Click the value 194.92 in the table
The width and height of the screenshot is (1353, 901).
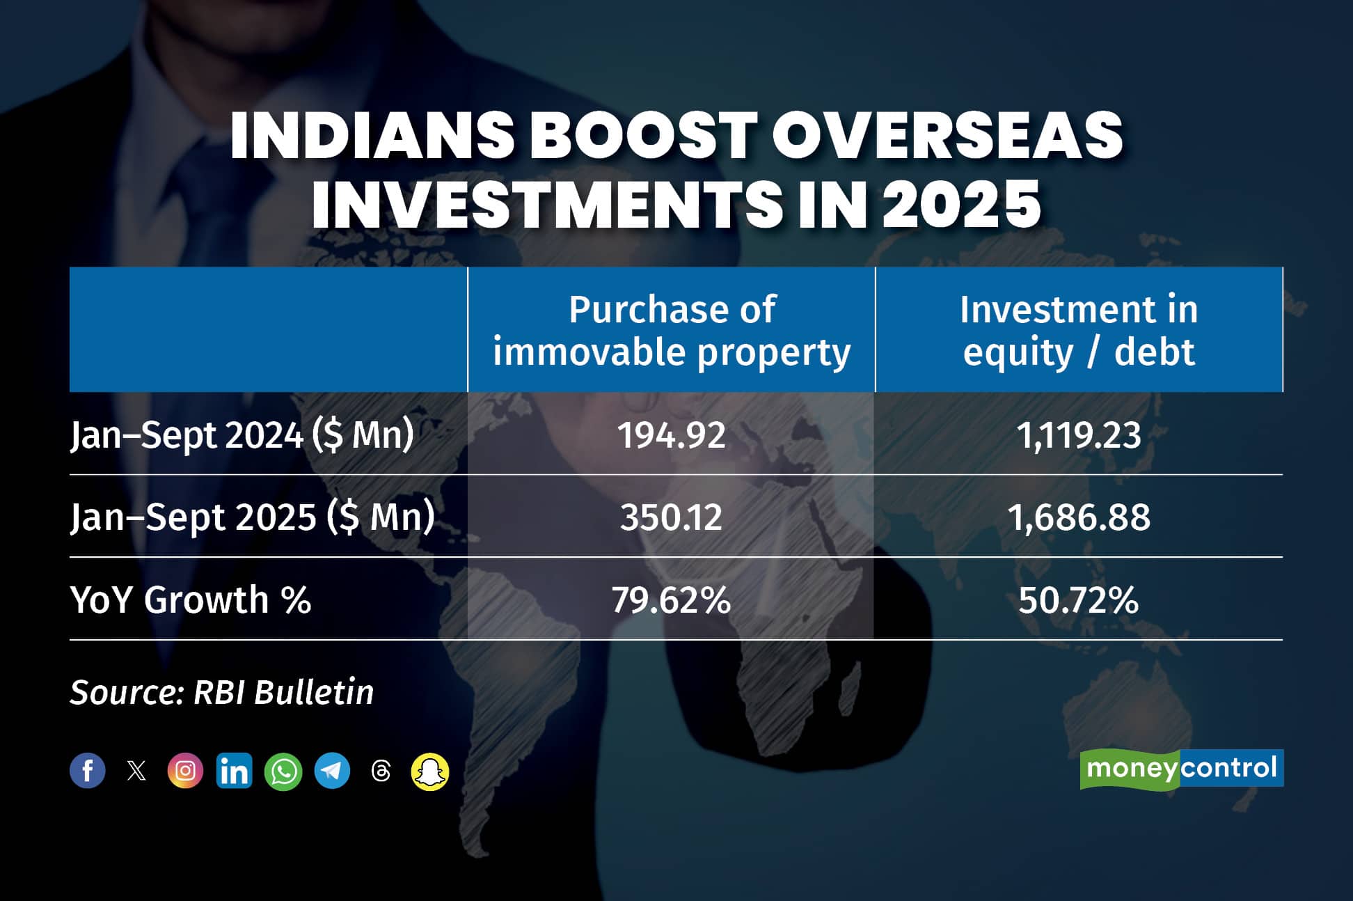pyautogui.click(x=671, y=435)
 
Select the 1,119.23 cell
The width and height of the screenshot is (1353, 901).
pyautogui.click(x=1078, y=435)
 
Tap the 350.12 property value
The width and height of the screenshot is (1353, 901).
pyautogui.click(x=671, y=517)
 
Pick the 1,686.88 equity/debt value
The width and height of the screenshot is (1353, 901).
pyautogui.click(x=1078, y=517)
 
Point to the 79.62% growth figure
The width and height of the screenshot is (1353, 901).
pyautogui.click(x=671, y=600)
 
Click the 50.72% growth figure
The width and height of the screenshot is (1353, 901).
pyautogui.click(x=1078, y=600)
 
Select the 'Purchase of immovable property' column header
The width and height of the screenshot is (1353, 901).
pyautogui.click(x=671, y=330)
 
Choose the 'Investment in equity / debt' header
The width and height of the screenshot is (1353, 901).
pyautogui.click(x=1078, y=330)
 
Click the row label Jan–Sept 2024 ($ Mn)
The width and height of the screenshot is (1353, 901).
pyautogui.click(x=242, y=436)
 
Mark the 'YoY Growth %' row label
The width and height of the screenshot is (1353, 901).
pyautogui.click(x=190, y=600)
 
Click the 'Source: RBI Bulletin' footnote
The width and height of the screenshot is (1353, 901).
pyautogui.click(x=221, y=692)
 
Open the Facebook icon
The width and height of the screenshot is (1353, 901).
pyautogui.click(x=88, y=771)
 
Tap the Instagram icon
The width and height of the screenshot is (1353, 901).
pyautogui.click(x=185, y=771)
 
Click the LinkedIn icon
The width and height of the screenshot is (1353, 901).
pyautogui.click(x=234, y=771)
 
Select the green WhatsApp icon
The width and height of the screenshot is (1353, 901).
pyautogui.click(x=283, y=771)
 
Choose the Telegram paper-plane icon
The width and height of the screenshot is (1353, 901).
pyautogui.click(x=332, y=771)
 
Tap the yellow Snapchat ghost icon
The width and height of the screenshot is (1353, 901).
pyautogui.click(x=430, y=771)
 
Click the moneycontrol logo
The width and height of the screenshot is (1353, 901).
pyautogui.click(x=1181, y=769)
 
